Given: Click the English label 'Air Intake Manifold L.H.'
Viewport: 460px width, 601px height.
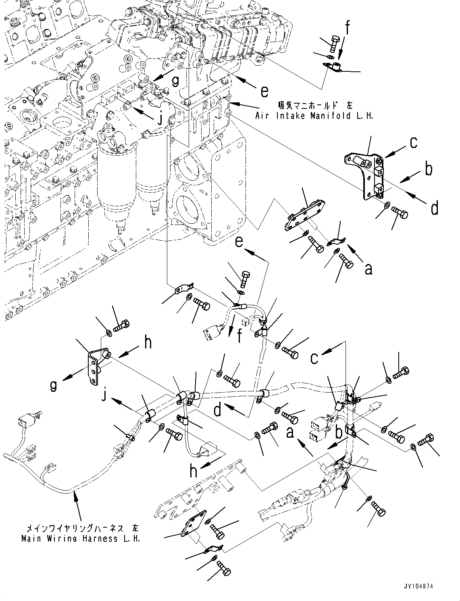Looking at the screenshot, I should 314,116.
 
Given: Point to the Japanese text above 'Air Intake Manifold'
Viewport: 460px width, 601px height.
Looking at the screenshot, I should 315,106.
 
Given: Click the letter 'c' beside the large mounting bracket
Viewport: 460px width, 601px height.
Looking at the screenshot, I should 413,143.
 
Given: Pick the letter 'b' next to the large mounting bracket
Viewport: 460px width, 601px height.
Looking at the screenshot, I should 428,169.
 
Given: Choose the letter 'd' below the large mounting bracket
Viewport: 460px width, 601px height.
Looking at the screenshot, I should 434,208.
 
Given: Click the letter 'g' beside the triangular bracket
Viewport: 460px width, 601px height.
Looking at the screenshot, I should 53,386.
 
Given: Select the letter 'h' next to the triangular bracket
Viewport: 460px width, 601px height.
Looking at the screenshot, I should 148,343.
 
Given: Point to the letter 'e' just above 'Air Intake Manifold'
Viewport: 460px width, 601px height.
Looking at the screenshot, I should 264,92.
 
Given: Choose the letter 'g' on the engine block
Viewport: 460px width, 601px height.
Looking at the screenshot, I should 175,81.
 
